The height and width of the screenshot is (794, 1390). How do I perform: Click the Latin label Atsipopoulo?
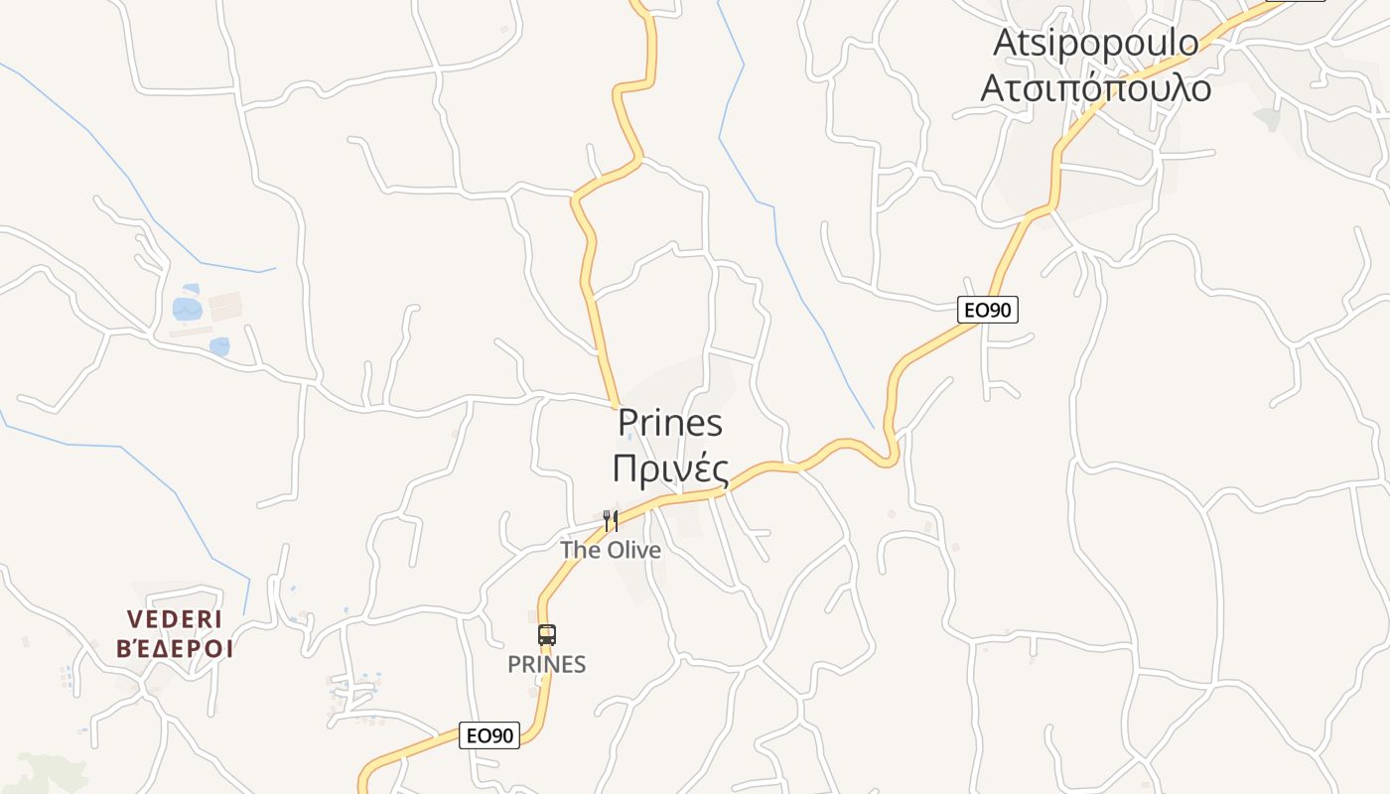pyautogui.click(x=1095, y=43)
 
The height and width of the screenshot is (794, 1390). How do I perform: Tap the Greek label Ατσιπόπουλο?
pyautogui.click(x=1095, y=88)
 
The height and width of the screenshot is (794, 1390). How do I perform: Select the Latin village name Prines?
pyautogui.click(x=670, y=422)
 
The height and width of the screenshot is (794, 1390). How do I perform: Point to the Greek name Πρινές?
pyautogui.click(x=670, y=468)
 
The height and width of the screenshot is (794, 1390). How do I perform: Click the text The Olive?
pyautogui.click(x=610, y=550)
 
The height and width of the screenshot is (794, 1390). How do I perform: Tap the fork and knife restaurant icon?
pyautogui.click(x=611, y=521)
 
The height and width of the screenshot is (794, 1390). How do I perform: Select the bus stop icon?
pyautogui.click(x=546, y=635)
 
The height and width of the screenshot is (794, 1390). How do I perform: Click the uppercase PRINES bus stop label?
pyautogui.click(x=546, y=665)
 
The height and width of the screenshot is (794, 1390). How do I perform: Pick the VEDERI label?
pyautogui.click(x=175, y=619)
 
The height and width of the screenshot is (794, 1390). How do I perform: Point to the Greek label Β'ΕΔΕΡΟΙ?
pyautogui.click(x=175, y=650)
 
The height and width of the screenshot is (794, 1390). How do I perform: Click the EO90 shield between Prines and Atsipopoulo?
pyautogui.click(x=988, y=310)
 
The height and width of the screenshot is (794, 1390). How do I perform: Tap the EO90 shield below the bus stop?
pyautogui.click(x=490, y=735)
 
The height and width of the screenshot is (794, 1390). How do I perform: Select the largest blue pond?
pyautogui.click(x=187, y=309)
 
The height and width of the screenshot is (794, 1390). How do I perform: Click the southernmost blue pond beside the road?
pyautogui.click(x=219, y=346)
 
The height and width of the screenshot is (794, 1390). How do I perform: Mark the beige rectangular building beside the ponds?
pyautogui.click(x=225, y=305)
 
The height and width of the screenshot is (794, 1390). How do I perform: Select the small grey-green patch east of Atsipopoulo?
pyautogui.click(x=1268, y=119)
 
